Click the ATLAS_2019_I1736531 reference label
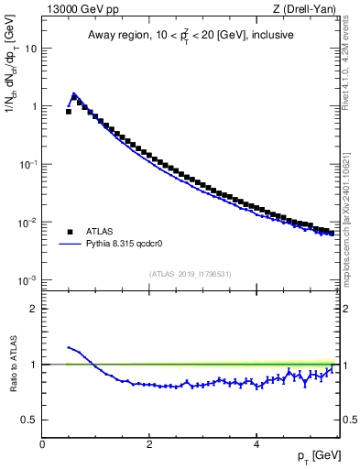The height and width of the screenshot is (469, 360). coord(191,274)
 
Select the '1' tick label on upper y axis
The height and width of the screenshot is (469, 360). coord(34,106)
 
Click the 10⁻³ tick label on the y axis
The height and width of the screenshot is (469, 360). coord(27,280)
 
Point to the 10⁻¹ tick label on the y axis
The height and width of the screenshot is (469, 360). coord(27,164)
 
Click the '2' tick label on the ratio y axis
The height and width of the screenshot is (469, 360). coord(34,309)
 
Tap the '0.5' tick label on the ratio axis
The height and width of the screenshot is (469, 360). coord(29,420)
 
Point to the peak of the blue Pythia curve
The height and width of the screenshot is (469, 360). coord(73,93)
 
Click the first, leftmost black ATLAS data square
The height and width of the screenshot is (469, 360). coord(69,111)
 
